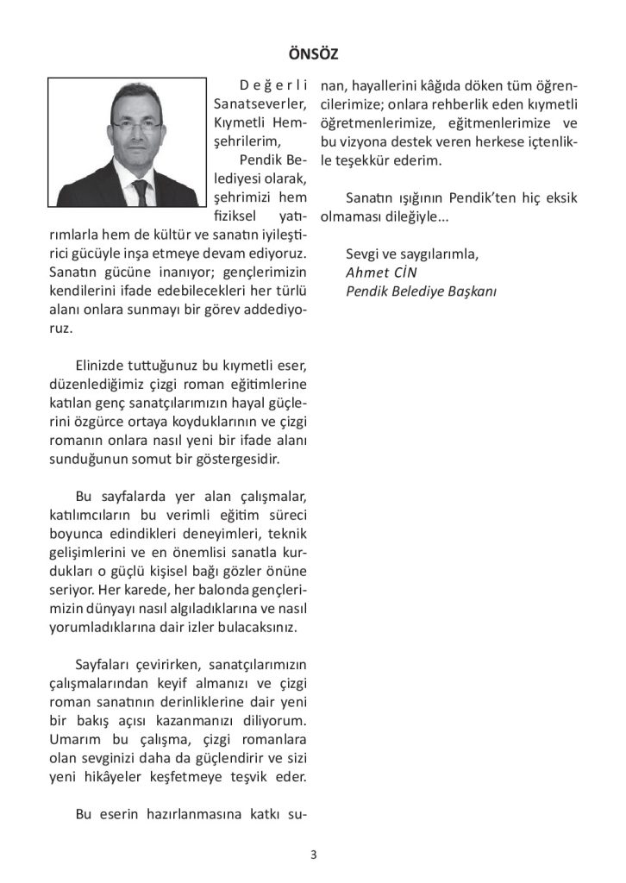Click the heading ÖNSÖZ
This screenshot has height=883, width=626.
313,54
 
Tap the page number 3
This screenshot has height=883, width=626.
313,855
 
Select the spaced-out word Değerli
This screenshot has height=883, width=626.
273,86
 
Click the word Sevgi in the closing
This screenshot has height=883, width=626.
363,254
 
